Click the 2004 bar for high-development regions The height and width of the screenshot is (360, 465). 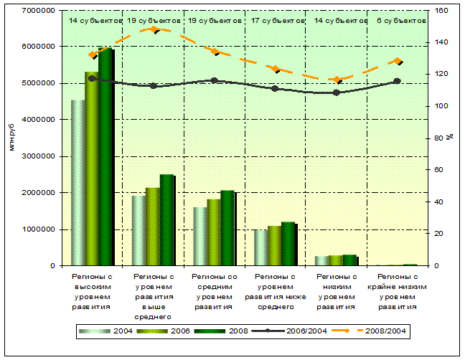click(x=77, y=183)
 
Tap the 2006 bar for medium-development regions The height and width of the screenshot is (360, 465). click(x=214, y=232)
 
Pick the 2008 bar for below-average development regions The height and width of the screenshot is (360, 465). click(x=288, y=244)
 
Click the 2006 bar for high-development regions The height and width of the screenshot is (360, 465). click(x=92, y=169)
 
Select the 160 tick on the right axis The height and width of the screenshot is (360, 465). click(x=441, y=11)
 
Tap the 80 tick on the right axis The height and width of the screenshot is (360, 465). click(x=438, y=138)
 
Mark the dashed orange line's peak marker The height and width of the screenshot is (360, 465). click(x=154, y=29)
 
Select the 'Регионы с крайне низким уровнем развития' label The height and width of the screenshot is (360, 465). click(x=398, y=291)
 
